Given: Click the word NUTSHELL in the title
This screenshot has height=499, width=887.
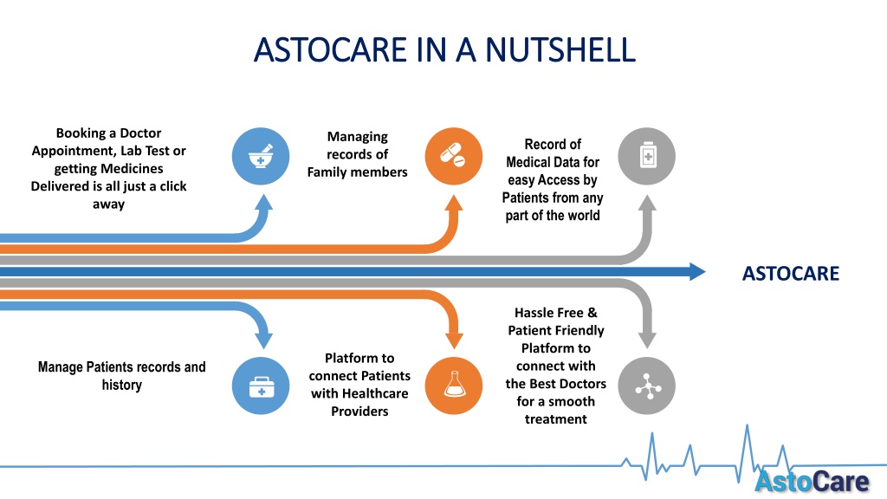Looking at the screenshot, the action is point(560,49).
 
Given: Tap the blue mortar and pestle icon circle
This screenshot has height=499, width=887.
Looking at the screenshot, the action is point(261,156).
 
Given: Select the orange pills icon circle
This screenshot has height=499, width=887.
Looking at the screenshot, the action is point(454,156).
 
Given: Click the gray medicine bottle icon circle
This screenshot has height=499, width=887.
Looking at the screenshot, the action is point(646,156).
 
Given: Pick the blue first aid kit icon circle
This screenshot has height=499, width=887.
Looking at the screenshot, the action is point(261,386).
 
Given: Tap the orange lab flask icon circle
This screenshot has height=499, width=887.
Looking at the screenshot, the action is point(454,386).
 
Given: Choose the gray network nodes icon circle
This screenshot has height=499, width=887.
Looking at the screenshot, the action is point(646,386).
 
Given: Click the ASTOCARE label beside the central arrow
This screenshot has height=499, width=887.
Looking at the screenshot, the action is point(791,273).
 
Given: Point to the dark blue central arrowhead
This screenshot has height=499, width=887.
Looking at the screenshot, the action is point(697,271).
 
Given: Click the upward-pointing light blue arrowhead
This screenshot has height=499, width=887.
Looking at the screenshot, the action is point(263,202).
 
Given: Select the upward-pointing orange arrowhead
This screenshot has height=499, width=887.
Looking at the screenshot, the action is point(454,203).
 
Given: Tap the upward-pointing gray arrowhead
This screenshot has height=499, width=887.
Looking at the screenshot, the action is point(647,204).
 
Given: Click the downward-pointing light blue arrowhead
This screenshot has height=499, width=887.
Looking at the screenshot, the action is point(263,340).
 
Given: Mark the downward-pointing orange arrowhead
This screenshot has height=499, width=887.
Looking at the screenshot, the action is point(454,340).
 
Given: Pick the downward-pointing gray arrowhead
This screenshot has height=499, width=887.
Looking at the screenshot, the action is point(647,340).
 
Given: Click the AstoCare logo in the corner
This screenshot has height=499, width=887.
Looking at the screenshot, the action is point(813,482).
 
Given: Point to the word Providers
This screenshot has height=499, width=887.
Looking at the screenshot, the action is point(359,412).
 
